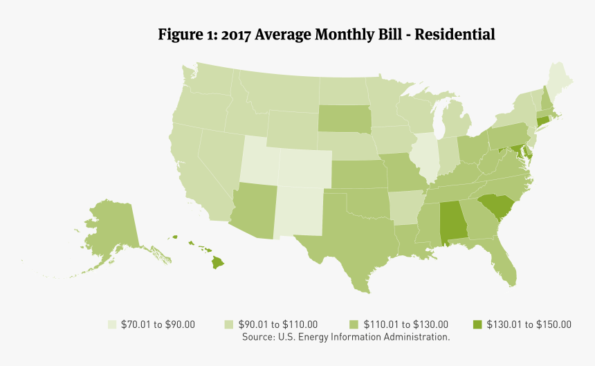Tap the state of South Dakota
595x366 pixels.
point(344,118)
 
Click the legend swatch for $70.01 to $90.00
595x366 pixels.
point(111,324)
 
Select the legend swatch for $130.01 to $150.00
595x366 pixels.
point(477,324)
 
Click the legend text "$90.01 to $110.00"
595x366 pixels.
point(277,324)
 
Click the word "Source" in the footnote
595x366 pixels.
point(257,337)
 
